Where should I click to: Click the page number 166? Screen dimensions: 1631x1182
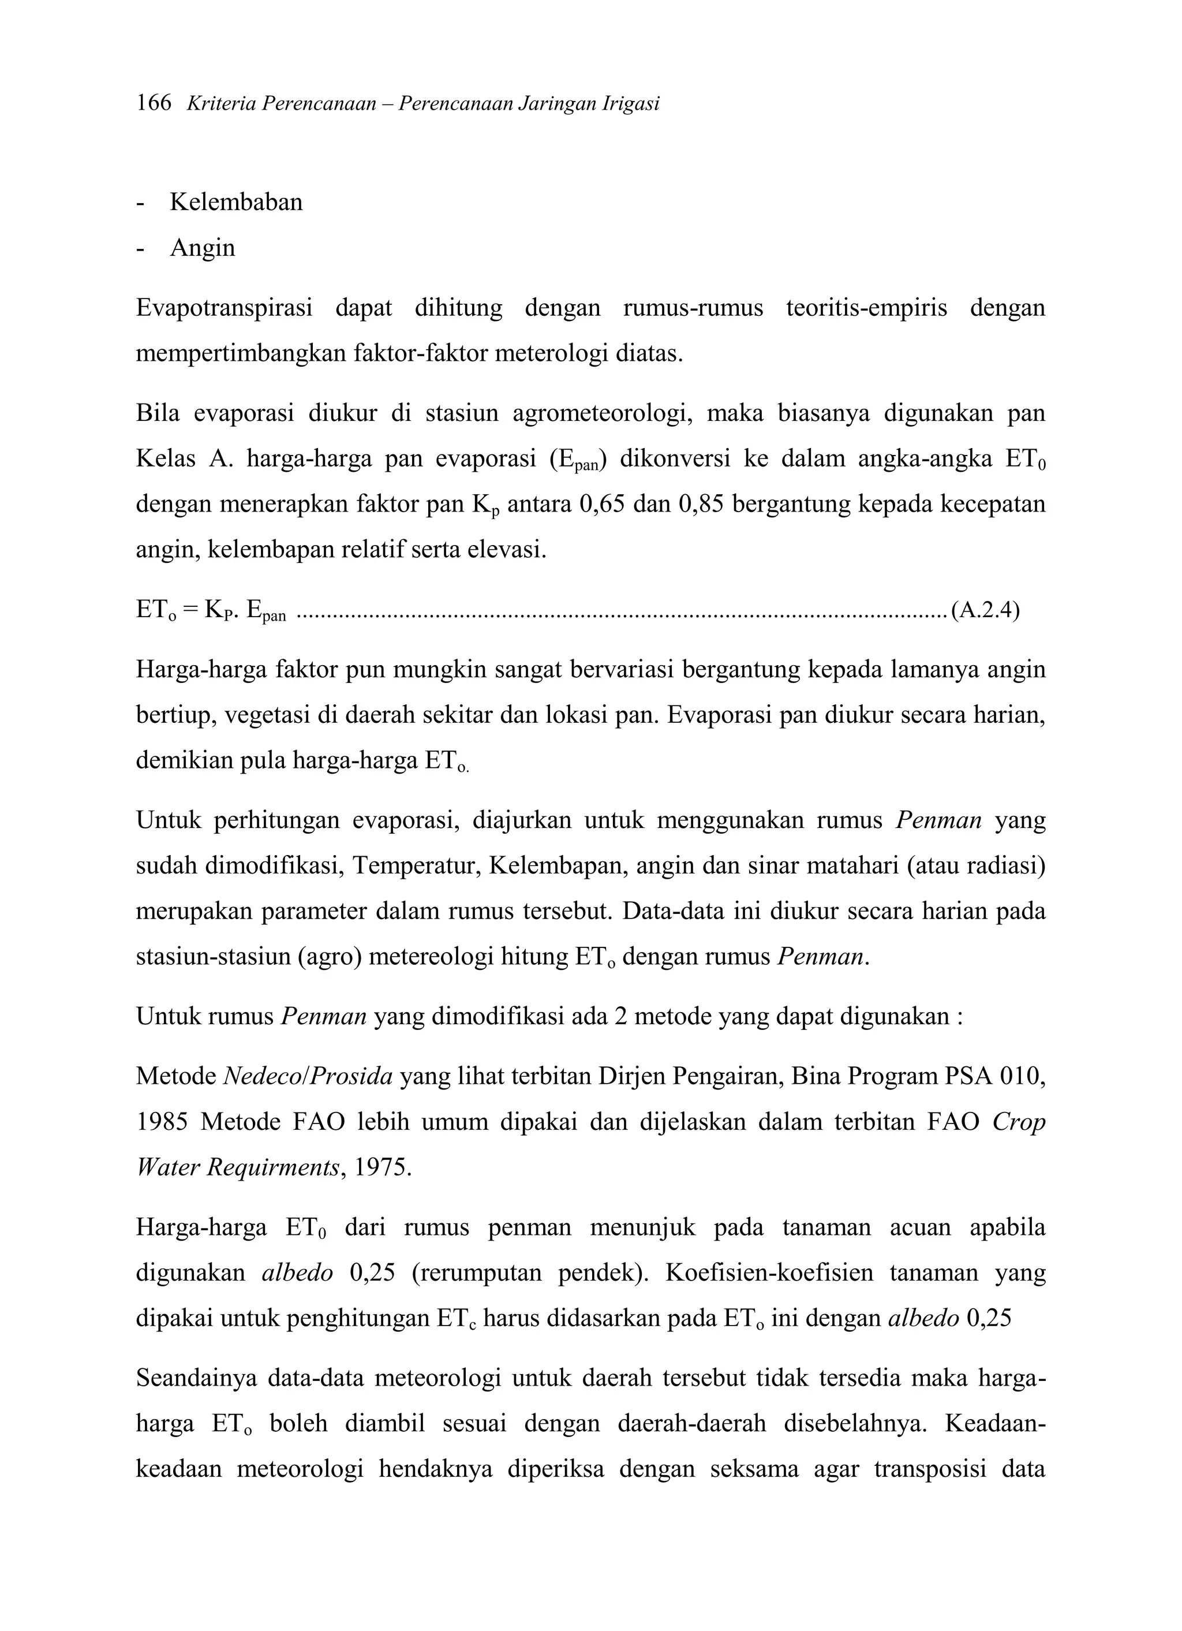tap(154, 103)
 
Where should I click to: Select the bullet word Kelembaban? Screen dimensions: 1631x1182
tap(236, 202)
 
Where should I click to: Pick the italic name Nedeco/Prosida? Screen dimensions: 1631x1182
tap(308, 1077)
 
